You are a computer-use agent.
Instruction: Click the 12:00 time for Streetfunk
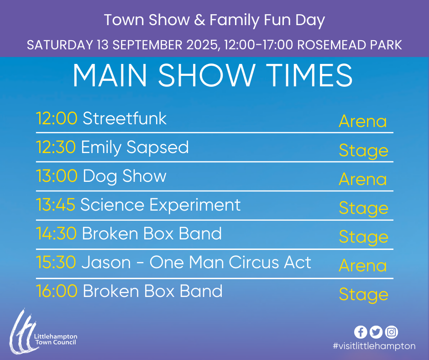[x=57, y=118]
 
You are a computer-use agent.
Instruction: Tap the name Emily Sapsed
[x=135, y=148]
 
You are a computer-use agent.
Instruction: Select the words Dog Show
[x=125, y=177]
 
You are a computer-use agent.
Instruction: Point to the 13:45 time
[x=56, y=205]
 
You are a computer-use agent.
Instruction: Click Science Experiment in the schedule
[x=160, y=206]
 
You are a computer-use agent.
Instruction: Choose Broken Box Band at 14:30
[x=152, y=233]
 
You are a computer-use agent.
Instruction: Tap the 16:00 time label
[x=57, y=291]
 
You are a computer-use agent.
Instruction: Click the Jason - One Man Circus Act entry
[x=196, y=262]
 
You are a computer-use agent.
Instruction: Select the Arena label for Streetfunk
[x=363, y=121]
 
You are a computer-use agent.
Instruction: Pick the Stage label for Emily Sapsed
[x=364, y=151]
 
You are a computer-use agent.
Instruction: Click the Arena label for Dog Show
[x=363, y=179]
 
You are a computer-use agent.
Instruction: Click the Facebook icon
[x=361, y=332]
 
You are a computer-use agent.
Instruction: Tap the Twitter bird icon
[x=376, y=332]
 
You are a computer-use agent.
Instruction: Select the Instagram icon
[x=392, y=332]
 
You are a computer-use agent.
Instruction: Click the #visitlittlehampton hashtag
[x=374, y=346]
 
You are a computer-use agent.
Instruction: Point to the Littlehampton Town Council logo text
[x=56, y=339]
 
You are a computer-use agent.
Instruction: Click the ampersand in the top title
[x=200, y=20]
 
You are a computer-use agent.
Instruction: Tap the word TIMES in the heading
[x=309, y=75]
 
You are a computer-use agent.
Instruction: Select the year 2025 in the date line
[x=203, y=45]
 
